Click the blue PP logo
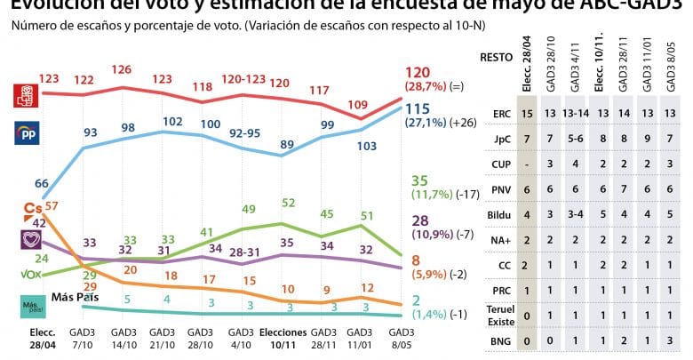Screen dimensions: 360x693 [22, 133]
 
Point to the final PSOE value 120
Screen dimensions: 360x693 [417, 72]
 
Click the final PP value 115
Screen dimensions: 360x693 [417, 108]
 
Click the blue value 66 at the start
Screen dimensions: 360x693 [42, 183]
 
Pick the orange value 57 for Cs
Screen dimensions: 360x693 [51, 206]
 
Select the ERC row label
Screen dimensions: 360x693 [501, 114]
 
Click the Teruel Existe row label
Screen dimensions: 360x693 [501, 314]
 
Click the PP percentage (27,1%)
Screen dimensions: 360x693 [422, 124]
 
